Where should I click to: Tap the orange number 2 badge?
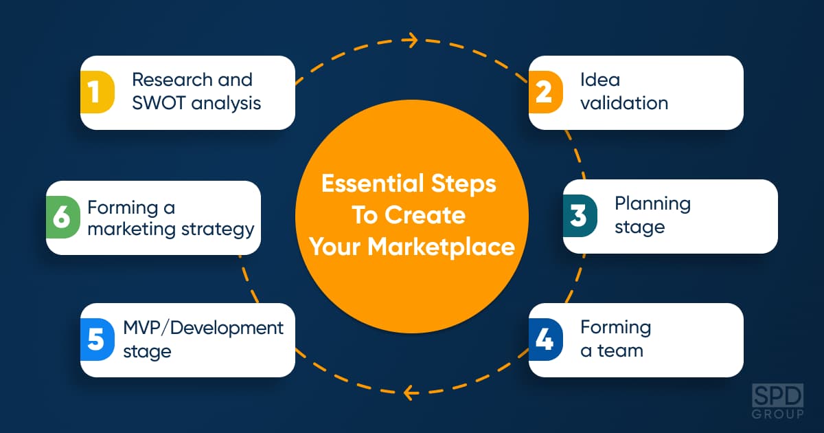pos(546,92)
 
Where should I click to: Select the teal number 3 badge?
pos(580,216)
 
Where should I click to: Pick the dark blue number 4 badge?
pos(546,340)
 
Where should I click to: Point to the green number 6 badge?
pos(63,217)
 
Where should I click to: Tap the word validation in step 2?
pos(624,102)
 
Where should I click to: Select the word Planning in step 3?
pos(652,205)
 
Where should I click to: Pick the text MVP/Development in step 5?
pos(203,329)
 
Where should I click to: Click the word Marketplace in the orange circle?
pos(442,247)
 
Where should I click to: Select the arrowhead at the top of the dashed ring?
pos(411,40)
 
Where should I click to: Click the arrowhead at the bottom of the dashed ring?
pos(411,393)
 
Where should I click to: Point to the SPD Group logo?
pos(777,401)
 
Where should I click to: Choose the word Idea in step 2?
pos(600,80)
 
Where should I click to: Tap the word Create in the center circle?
pos(425,215)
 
